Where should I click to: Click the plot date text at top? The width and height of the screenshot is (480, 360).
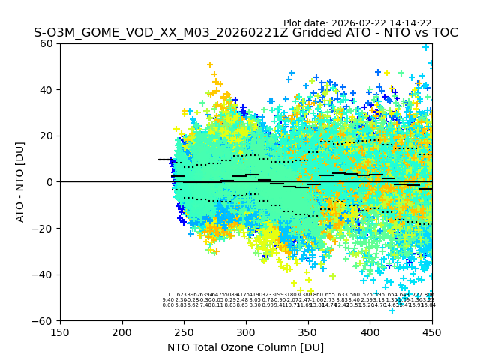tap(357, 23)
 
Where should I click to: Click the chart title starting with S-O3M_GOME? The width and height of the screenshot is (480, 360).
tap(245, 34)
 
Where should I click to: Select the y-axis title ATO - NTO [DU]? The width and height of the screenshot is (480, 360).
tap(21, 182)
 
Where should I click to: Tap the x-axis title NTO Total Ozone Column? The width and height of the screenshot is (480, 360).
tap(245, 347)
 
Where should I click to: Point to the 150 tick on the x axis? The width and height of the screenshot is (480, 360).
tap(60, 331)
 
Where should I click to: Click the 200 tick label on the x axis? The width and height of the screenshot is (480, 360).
tap(122, 331)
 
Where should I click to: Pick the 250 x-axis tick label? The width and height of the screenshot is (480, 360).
tap(184, 331)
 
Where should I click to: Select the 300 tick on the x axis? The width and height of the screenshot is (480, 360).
tap(246, 331)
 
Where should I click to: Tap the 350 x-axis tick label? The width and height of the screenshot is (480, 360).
tap(307, 331)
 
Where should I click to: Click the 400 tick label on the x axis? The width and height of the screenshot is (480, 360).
tap(370, 331)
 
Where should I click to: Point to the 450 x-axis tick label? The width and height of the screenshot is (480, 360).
tap(431, 331)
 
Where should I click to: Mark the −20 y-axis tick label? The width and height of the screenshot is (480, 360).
tap(46, 228)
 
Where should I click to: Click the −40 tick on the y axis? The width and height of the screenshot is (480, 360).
tap(46, 274)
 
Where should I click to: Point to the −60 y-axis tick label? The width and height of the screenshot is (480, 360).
tap(46, 320)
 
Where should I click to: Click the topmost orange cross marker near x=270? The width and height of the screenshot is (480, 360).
tap(210, 64)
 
